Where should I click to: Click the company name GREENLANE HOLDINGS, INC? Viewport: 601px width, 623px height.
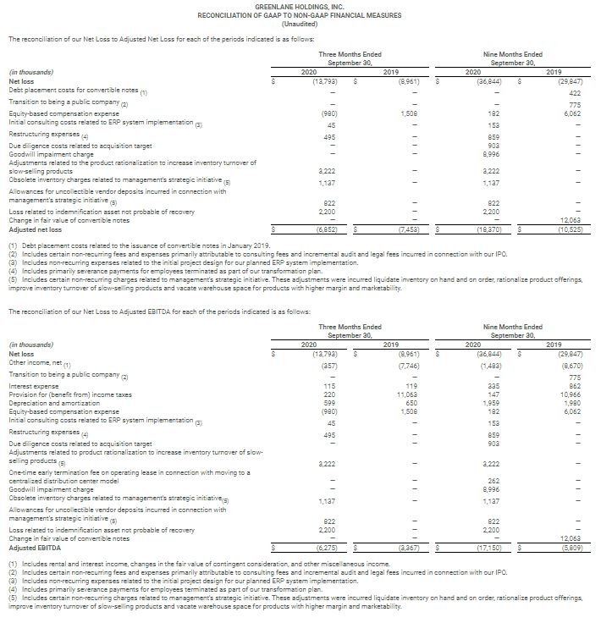pos(299,6)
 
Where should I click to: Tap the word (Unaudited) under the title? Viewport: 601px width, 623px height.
pos(299,24)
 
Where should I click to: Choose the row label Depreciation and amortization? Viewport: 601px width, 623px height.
pos(51,403)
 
